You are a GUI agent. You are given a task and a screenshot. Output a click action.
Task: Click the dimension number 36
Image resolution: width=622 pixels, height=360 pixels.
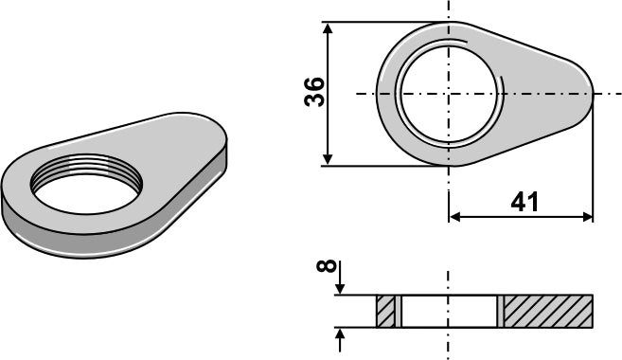(314, 92)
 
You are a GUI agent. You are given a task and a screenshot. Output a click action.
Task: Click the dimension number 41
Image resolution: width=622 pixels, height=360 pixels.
(524, 202)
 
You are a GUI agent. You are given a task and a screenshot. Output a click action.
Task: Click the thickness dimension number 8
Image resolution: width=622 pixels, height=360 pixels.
(327, 266)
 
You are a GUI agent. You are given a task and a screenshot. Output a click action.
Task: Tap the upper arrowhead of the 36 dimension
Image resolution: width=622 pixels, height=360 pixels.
(328, 29)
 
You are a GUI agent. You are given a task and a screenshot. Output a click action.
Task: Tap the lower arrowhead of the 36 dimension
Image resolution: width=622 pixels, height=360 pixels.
(328, 158)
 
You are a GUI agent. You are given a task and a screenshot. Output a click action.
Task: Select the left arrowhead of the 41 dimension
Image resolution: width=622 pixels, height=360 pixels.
(455, 217)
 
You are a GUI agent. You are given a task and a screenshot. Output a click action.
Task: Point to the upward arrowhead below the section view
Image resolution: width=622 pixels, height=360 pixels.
(340, 334)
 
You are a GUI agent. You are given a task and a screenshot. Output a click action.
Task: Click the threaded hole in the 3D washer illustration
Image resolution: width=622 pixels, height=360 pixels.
(86, 184)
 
